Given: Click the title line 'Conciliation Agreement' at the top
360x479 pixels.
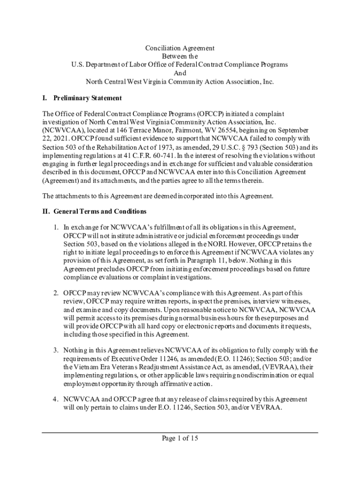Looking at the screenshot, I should click(x=180, y=48).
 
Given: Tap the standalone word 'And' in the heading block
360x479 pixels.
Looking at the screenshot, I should click(x=180, y=73).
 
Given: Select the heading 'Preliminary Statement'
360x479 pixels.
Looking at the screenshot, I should click(x=87, y=98).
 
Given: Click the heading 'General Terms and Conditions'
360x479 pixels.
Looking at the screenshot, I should click(x=100, y=211).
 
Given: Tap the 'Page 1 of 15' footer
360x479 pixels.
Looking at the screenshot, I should click(x=180, y=438).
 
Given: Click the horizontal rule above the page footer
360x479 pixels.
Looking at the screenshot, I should click(x=180, y=432).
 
